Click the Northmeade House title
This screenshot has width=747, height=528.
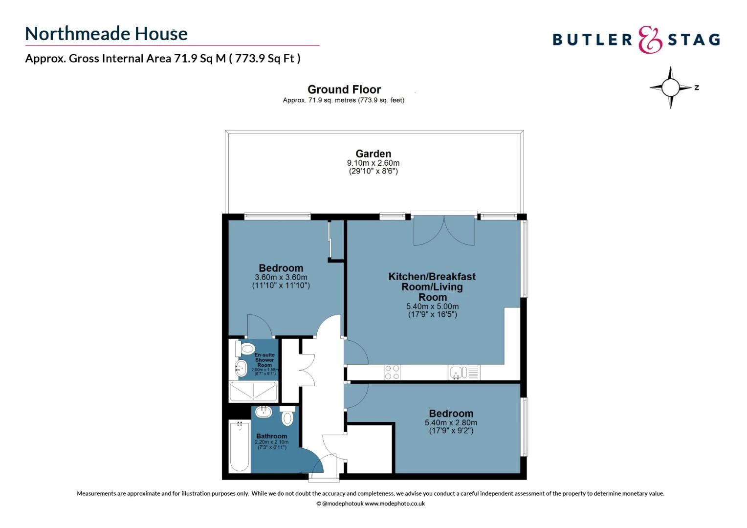[x=106, y=34]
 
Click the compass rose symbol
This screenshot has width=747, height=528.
[x=671, y=88]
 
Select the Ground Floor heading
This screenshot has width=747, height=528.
[x=344, y=89]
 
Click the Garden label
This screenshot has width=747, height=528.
[x=373, y=154]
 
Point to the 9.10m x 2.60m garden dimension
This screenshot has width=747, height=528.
[x=373, y=163]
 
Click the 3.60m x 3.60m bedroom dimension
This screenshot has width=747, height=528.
[x=281, y=277]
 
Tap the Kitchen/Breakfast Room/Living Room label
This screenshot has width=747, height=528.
[x=432, y=286]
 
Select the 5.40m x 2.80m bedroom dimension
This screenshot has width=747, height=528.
[x=451, y=423]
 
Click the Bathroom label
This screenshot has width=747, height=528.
[x=271, y=436]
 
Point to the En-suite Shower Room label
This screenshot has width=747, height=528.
[x=264, y=360]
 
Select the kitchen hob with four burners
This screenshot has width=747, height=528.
[x=392, y=372]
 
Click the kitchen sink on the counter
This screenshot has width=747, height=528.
[x=456, y=373]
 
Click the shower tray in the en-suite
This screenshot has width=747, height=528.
[x=254, y=392]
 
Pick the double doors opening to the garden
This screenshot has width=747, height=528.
[x=444, y=231]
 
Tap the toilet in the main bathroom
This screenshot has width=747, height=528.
[x=287, y=418]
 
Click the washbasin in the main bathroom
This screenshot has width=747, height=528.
[x=264, y=412]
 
